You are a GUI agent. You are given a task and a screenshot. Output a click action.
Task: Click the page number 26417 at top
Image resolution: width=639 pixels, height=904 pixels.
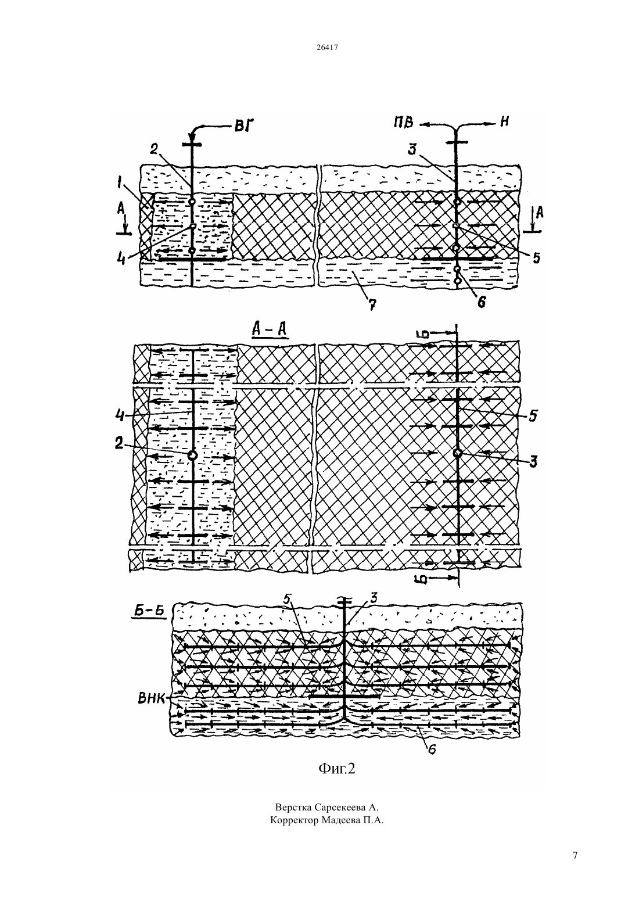326,47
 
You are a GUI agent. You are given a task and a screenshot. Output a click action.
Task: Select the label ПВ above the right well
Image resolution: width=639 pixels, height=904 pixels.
404,123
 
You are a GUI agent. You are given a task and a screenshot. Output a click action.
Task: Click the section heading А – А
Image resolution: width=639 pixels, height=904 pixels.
269,330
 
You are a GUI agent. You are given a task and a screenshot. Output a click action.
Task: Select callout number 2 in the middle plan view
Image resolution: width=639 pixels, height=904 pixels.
119,443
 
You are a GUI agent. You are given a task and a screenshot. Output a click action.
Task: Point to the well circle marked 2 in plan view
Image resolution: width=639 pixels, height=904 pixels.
192,455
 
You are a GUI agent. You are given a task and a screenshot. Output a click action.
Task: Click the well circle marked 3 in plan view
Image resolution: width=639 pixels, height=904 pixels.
457,453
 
